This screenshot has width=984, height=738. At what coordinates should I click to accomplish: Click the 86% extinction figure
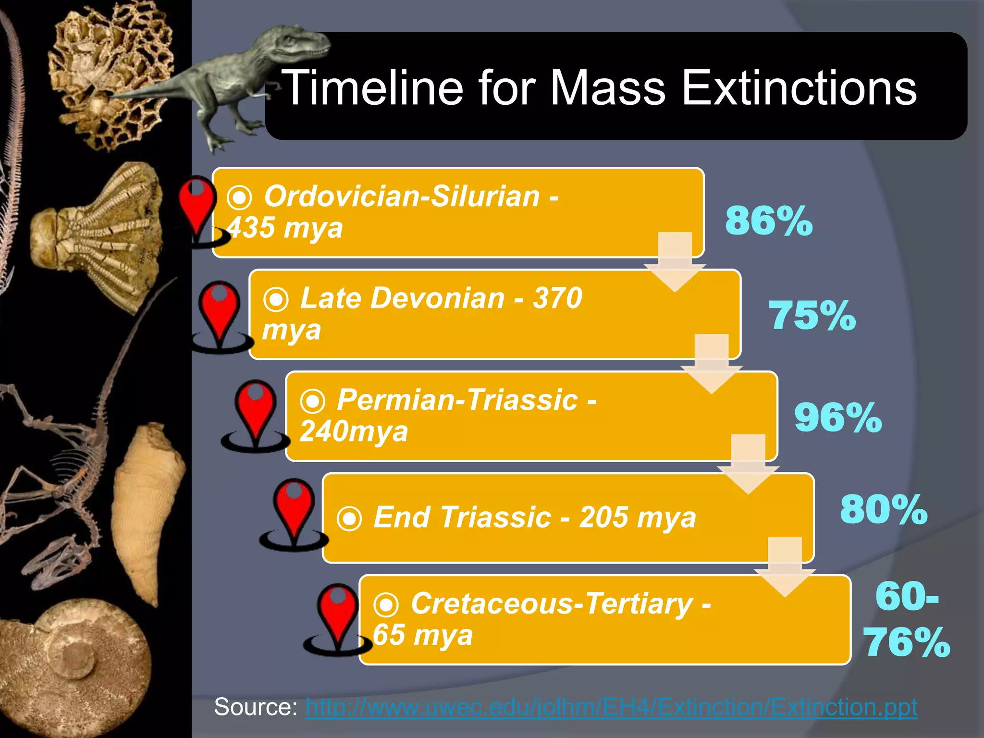769,221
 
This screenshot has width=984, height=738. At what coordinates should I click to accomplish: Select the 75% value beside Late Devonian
812,316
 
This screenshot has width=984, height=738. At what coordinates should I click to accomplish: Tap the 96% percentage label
838,418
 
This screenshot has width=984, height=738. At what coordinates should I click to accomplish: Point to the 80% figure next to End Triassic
884,509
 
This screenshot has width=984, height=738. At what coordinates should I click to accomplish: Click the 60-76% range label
907,620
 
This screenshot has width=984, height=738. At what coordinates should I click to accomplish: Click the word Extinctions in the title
799,87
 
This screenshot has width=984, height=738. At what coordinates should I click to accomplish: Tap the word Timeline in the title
372,87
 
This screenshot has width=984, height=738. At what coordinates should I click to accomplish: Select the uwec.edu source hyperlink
611,707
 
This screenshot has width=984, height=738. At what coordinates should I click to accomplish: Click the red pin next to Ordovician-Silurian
197,204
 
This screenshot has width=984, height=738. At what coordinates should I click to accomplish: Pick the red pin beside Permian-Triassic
255,408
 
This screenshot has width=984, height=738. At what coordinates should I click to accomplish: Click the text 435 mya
285,228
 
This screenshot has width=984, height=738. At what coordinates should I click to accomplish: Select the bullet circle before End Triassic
349,519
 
